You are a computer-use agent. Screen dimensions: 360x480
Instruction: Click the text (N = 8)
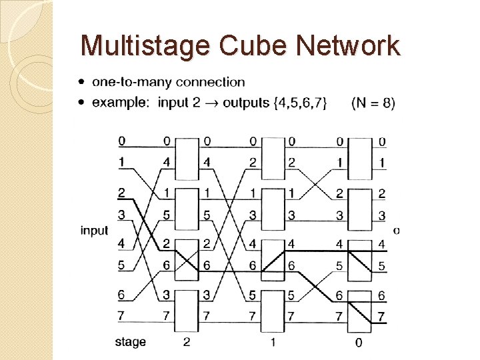coord(373,103)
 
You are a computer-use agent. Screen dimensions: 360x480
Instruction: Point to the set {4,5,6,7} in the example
coord(301,103)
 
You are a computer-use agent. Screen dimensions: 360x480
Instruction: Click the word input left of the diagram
coord(95,230)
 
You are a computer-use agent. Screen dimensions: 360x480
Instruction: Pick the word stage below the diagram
coord(130,342)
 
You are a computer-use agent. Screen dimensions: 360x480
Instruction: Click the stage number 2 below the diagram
coord(187,343)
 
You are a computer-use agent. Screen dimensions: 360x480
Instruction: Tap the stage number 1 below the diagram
coord(273,343)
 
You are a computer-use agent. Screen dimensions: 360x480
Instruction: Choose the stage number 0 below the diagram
coord(359,343)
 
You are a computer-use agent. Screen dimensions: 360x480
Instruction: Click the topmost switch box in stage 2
coord(187,158)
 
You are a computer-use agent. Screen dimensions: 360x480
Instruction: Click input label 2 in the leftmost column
coord(121,193)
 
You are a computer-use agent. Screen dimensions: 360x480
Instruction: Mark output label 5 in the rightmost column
coord(381,266)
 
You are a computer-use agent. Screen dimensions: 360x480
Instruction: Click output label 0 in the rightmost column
coord(382,142)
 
